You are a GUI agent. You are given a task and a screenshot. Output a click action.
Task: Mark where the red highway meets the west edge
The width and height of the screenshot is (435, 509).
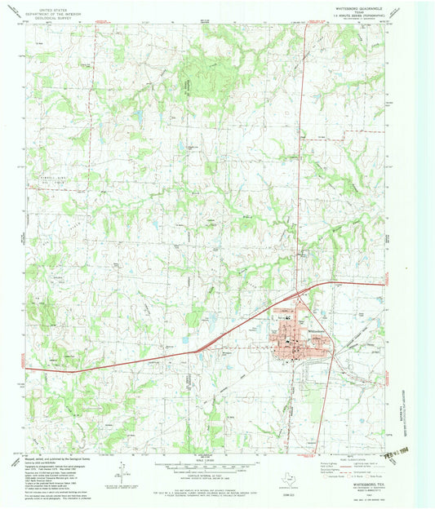coord(26,369)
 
